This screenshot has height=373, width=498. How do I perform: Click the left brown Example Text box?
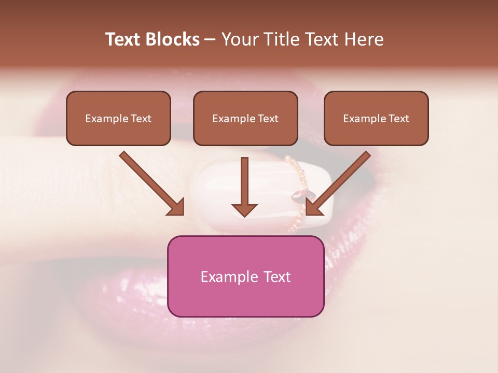click(x=118, y=118)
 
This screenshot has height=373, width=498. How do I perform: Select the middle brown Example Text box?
click(x=245, y=118)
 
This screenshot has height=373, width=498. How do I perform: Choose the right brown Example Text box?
click(x=376, y=118)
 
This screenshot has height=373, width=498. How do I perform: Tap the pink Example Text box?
click(x=245, y=276)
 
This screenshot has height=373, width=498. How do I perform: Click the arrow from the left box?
click(x=150, y=182)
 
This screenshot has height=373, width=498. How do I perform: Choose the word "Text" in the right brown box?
click(x=399, y=119)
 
